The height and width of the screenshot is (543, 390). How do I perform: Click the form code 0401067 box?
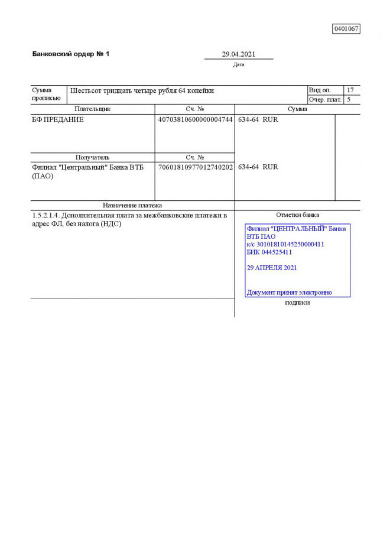point(346,29)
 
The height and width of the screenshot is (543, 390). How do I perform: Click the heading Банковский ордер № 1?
point(71,54)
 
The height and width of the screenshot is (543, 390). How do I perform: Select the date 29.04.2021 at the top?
point(239,54)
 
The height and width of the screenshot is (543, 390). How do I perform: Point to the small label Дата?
point(239,65)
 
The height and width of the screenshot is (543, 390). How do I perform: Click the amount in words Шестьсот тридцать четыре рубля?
point(142,91)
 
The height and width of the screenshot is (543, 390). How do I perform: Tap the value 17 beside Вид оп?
point(350,90)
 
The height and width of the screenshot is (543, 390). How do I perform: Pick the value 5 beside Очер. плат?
point(349,100)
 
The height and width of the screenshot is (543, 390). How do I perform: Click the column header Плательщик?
point(92,109)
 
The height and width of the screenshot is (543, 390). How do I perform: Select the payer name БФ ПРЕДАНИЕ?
point(58,119)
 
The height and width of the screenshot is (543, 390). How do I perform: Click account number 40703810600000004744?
point(195,119)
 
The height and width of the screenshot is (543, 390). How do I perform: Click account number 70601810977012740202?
point(195,167)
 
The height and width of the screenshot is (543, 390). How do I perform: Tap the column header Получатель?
point(92,158)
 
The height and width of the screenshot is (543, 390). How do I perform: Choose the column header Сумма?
point(297,109)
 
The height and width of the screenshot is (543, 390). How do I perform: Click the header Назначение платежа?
point(132,206)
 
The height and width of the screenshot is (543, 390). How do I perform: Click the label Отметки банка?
point(297,215)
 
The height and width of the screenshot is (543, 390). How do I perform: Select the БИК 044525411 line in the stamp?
point(269,252)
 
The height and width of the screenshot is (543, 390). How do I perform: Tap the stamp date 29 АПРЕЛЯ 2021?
point(272,268)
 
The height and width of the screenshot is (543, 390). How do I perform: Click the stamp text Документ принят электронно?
point(289,292)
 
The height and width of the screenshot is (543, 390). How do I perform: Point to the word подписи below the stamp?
point(297,303)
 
